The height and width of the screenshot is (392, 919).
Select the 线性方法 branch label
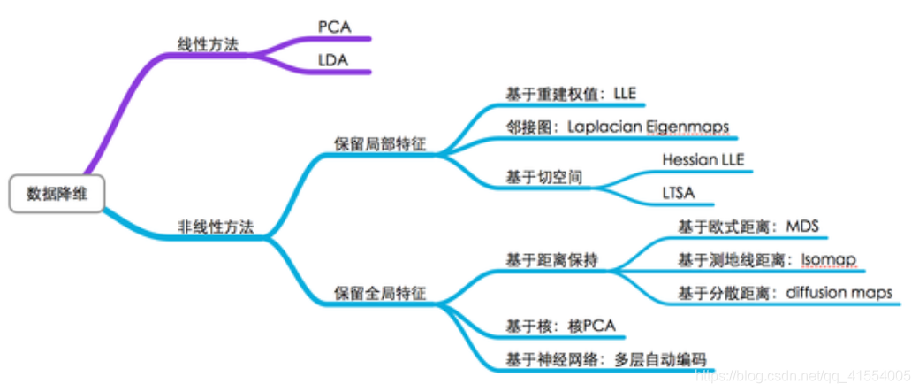[x=208, y=44]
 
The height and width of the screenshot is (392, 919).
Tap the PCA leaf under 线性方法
[x=335, y=27]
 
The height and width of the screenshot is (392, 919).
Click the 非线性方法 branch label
[x=216, y=227]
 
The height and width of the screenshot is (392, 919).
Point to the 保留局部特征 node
[x=379, y=144]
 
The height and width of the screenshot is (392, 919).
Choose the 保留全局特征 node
[x=379, y=293]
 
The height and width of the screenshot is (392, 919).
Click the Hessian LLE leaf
[x=703, y=159]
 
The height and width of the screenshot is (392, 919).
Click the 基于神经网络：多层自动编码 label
[x=605, y=359]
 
